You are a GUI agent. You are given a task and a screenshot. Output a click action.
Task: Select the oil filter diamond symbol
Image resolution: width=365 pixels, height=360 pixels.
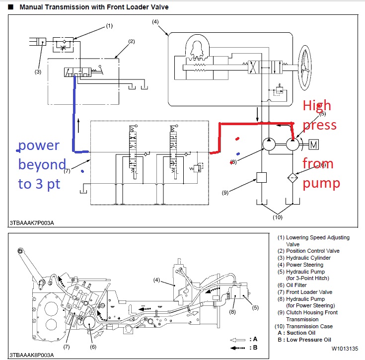click(293, 177)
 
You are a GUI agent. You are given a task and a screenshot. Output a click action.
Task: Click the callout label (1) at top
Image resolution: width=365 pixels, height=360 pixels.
click(109, 26)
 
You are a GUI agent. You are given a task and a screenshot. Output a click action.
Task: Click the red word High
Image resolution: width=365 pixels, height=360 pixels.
click(317, 105)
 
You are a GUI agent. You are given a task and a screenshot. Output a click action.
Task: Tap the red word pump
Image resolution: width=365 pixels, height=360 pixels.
click(321, 183)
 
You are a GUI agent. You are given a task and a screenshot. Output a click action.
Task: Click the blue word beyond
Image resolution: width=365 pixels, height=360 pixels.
click(42, 165)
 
